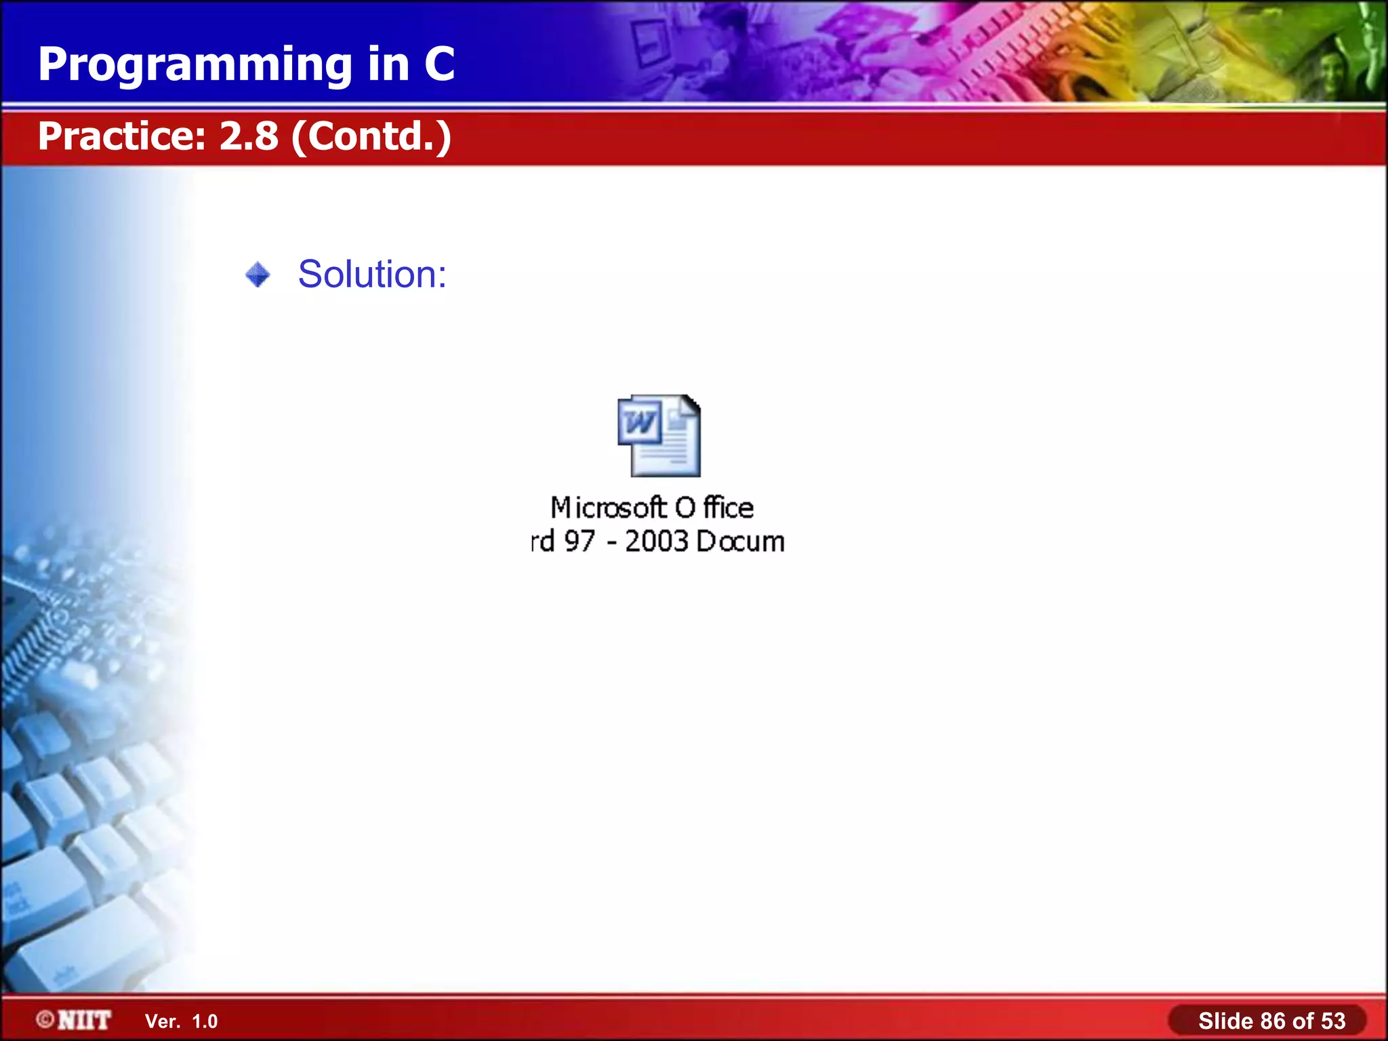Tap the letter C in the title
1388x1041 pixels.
[439, 64]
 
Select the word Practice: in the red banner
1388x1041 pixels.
[122, 136]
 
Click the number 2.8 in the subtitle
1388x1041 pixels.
[249, 136]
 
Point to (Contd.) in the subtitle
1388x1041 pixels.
[371, 137]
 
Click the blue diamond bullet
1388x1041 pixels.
[258, 275]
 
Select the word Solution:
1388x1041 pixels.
[372, 274]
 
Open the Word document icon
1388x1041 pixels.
[659, 436]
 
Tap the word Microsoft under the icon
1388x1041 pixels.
[609, 508]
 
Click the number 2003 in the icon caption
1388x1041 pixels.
[656, 542]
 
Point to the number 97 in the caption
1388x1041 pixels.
[579, 542]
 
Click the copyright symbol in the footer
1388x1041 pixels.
[45, 1019]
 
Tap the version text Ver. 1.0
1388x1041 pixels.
[181, 1021]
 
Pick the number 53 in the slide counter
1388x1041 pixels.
[1332, 1021]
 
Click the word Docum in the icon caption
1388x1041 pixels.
[740, 542]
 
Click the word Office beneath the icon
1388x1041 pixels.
[714, 508]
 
